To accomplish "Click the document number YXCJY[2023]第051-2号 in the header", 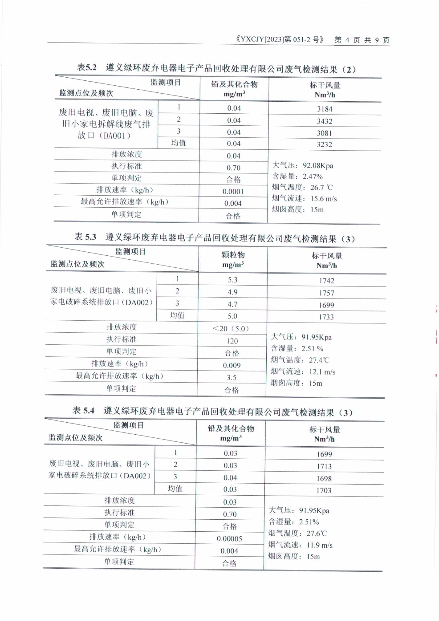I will (279, 40).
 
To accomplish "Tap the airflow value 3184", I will (324, 109).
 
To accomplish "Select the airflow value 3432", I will (324, 121).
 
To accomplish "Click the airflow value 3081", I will (324, 133).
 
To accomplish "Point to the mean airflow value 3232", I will (324, 144).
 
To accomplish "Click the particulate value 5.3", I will (233, 280).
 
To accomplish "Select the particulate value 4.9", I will (233, 292).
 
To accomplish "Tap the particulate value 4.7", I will (233, 304).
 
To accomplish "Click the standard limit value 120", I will (232, 341).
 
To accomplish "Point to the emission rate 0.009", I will (232, 365).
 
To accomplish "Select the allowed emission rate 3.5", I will (232, 377).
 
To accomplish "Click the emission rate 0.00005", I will (229, 539).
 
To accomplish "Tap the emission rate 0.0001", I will (233, 191).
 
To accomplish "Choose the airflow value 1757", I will (326, 293).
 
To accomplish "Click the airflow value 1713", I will (324, 467).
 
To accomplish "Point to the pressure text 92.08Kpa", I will (318, 166).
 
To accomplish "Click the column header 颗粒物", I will (233, 255).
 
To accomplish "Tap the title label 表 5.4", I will (83, 411).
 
